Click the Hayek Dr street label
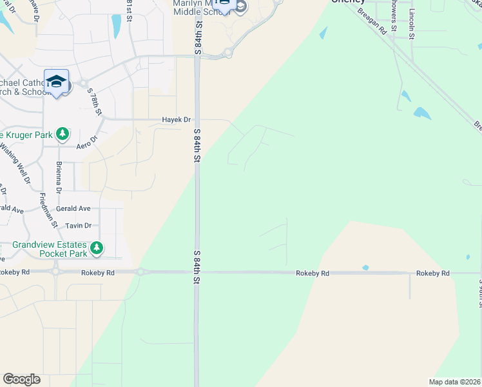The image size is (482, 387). (x=176, y=119)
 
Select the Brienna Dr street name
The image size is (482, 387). (x=59, y=177)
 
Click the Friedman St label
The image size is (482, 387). (x=48, y=210)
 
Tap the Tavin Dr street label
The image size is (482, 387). (x=78, y=226)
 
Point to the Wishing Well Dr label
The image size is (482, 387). (x=15, y=163)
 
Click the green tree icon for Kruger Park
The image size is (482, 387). (x=62, y=134)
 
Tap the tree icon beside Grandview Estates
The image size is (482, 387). (x=96, y=248)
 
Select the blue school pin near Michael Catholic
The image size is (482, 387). (x=56, y=82)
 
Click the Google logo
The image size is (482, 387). (x=21, y=379)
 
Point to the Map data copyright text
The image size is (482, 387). (x=455, y=382)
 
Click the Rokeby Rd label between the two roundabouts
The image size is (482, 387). (x=98, y=273)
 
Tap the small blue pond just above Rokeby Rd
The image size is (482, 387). (x=365, y=268)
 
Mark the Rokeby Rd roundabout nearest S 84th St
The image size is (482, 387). (x=140, y=272)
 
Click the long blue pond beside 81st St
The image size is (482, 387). (x=117, y=26)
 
